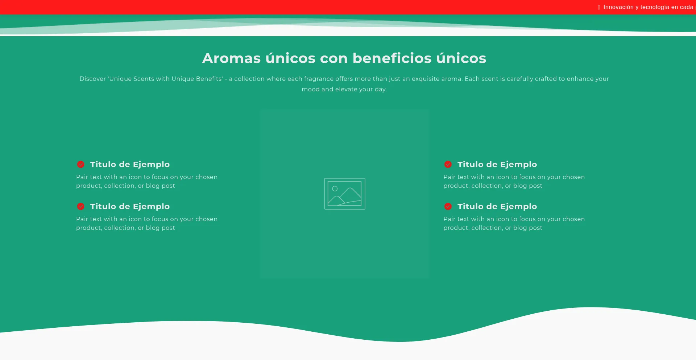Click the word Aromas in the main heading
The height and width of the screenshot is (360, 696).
(231, 58)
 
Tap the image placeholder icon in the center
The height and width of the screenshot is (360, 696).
(345, 194)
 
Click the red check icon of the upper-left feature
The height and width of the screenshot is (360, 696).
(80, 164)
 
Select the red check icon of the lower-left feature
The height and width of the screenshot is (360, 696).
(80, 206)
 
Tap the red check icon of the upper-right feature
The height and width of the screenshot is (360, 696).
(448, 164)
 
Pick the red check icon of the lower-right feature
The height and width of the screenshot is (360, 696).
(448, 206)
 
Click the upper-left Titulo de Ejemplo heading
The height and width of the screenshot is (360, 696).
(130, 164)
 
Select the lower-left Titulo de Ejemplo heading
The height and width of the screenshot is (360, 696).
(130, 206)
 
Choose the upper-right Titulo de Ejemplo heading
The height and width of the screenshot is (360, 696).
(497, 164)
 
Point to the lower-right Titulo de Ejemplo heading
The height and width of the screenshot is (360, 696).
(497, 206)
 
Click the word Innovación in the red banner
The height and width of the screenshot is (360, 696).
(618, 7)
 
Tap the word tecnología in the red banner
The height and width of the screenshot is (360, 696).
(655, 7)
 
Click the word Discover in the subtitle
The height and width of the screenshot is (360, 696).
(93, 79)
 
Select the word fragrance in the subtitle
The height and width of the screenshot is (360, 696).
(319, 79)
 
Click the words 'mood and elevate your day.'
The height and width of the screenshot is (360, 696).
(344, 89)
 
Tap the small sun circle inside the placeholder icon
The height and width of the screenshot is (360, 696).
(335, 189)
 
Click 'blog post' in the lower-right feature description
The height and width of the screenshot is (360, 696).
(528, 228)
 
